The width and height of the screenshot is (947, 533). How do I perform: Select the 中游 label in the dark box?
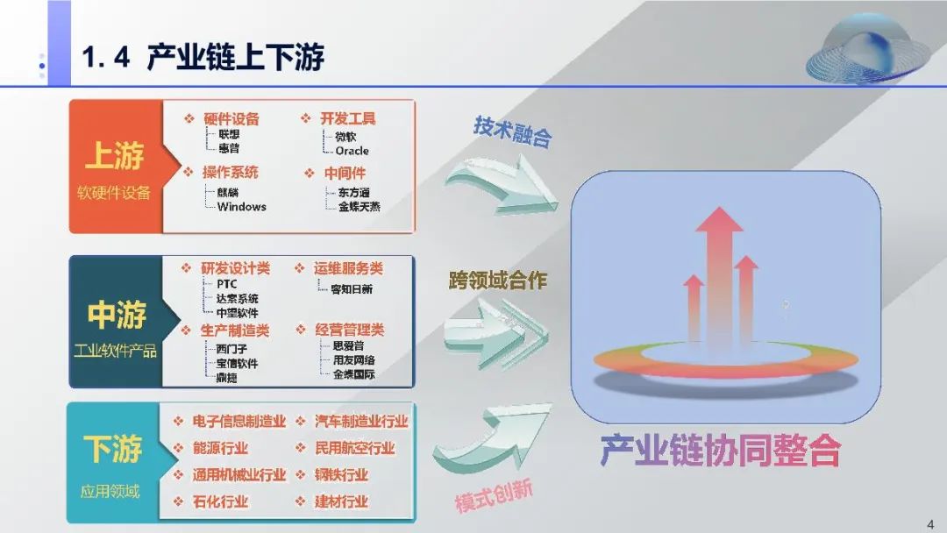tap(116, 315)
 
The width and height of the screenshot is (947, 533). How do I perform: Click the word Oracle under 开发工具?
tap(352, 151)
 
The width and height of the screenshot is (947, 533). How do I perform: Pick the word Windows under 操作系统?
tap(241, 207)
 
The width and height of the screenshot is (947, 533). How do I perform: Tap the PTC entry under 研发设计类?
tap(226, 284)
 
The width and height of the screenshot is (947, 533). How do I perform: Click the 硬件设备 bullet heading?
tap(231, 118)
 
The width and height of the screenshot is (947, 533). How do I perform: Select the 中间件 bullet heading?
tap(345, 174)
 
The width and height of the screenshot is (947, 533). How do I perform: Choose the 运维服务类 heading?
tap(348, 268)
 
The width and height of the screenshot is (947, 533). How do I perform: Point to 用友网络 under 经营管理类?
tap(353, 360)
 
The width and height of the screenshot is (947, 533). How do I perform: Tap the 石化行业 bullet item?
tap(220, 502)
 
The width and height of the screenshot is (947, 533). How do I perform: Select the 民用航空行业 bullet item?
tap(355, 448)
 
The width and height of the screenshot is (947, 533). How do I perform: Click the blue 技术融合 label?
tap(513, 131)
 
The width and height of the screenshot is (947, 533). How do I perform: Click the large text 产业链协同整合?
tap(720, 451)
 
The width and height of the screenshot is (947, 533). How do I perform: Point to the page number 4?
tap(929, 523)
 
